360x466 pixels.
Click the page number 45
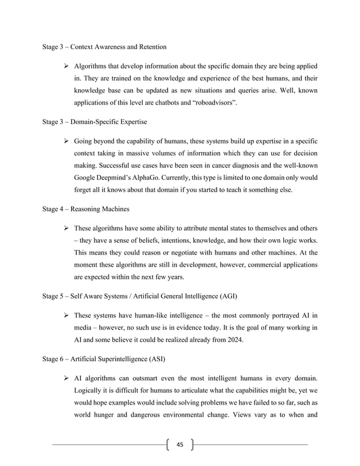pos(180,444)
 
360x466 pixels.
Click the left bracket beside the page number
pos(168,444)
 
